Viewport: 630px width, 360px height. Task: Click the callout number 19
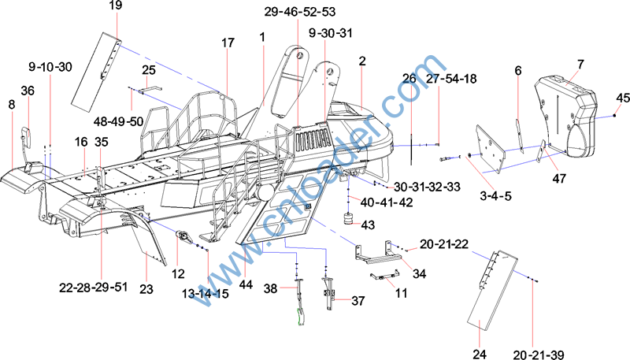pyautogui.click(x=116, y=6)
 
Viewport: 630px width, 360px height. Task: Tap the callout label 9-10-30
pyautogui.click(x=50, y=67)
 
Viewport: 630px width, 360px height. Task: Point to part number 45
pyautogui.click(x=623, y=98)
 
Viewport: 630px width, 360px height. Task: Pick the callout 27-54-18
pyautogui.click(x=451, y=79)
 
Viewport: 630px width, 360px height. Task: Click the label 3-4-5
pyautogui.click(x=486, y=195)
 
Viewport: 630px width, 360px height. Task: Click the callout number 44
pyautogui.click(x=246, y=284)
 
